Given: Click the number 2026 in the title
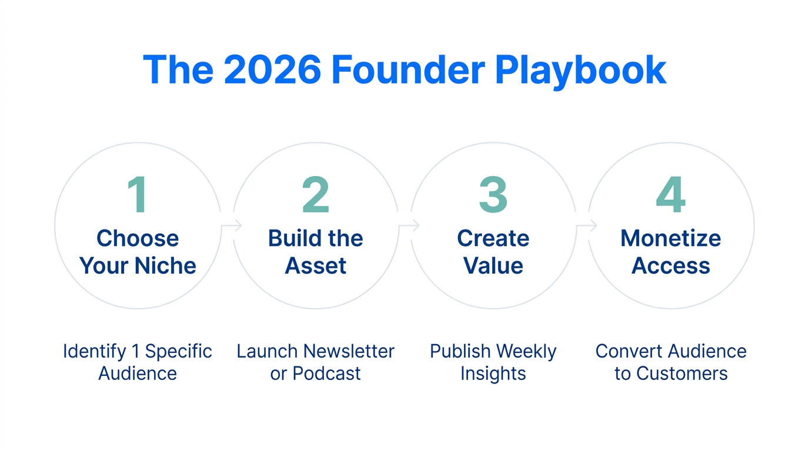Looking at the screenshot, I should click(x=272, y=70).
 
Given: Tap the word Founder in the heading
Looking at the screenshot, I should click(x=407, y=70).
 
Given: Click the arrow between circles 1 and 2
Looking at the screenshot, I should click(x=232, y=225).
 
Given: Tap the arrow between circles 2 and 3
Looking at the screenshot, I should click(x=409, y=225).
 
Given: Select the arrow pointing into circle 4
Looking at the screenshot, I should click(x=587, y=225).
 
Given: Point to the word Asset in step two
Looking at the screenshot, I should click(x=316, y=265).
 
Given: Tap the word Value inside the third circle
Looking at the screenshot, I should click(x=493, y=265).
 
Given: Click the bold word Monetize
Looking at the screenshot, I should click(x=670, y=238).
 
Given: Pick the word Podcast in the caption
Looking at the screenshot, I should click(x=327, y=373).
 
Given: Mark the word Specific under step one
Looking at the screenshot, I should click(x=178, y=351).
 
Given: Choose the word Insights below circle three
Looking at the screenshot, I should click(x=493, y=373).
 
